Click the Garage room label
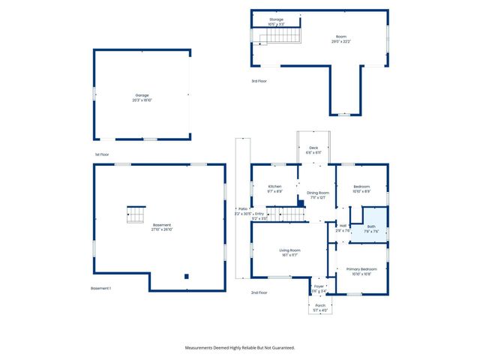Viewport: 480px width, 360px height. (142, 97)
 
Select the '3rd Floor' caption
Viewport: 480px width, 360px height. (259, 81)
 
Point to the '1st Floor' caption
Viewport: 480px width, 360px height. (102, 154)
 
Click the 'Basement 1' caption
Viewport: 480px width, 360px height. (100, 289)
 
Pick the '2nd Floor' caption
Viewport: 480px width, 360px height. (259, 292)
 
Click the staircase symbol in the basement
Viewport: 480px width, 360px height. (135, 214)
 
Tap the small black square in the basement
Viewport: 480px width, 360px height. (187, 275)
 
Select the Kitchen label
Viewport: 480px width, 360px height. (274, 187)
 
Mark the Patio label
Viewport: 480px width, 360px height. (243, 210)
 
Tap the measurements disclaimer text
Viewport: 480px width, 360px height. (240, 347)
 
